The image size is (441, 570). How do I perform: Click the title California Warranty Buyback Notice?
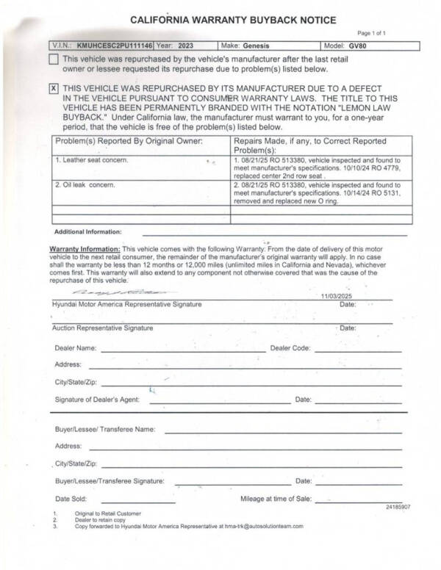pos(223,19)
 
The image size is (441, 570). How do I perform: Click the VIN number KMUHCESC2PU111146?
pos(115,46)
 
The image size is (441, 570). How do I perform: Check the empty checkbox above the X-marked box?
pos(53,59)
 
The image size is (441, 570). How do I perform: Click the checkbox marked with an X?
pos(53,88)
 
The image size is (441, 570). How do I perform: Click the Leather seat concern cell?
pos(92,159)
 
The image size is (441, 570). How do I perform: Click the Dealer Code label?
pos(290,348)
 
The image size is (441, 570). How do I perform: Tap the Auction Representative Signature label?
pos(102,327)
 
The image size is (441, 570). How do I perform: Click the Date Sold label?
pos(71,499)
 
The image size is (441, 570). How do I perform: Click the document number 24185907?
pos(397,508)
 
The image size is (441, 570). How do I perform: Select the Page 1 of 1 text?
pos(371,34)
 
